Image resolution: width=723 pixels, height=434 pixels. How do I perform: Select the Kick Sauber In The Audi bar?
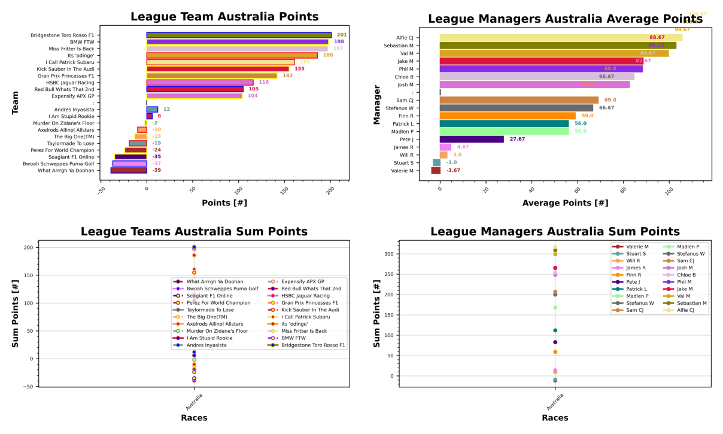click(217, 69)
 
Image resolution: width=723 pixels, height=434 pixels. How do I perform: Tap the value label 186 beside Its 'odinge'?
click(328, 56)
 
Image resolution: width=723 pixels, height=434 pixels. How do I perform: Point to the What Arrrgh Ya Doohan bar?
click(129, 171)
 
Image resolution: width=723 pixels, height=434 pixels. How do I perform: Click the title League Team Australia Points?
click(224, 17)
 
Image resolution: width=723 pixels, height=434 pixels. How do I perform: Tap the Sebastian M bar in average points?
click(558, 45)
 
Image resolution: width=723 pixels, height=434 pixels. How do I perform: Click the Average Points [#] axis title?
click(565, 203)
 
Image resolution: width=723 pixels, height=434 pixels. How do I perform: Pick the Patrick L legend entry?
click(636, 289)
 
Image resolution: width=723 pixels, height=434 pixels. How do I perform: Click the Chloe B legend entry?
click(686, 275)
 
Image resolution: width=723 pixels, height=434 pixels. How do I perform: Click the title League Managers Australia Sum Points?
click(555, 232)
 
